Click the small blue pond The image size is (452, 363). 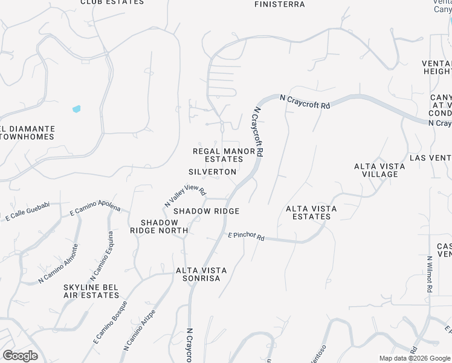[x=77, y=109]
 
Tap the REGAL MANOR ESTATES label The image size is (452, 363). [x=224, y=155]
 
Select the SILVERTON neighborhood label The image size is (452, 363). [x=212, y=172]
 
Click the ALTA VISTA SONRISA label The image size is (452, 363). [x=202, y=274]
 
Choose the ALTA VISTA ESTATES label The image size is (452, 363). [x=311, y=212]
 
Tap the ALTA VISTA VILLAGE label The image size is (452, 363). [x=376, y=170]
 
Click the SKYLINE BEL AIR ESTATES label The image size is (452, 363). [x=91, y=291]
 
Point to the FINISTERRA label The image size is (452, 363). [x=279, y=4]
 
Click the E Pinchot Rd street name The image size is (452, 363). [x=246, y=237]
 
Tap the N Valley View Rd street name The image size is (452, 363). [x=186, y=195]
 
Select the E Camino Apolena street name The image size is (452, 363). [x=95, y=208]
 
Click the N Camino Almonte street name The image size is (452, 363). [x=58, y=263]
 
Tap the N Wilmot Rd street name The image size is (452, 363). [x=428, y=275]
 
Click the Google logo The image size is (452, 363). [x=20, y=356]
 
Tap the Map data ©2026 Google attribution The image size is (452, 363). [x=414, y=358]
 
